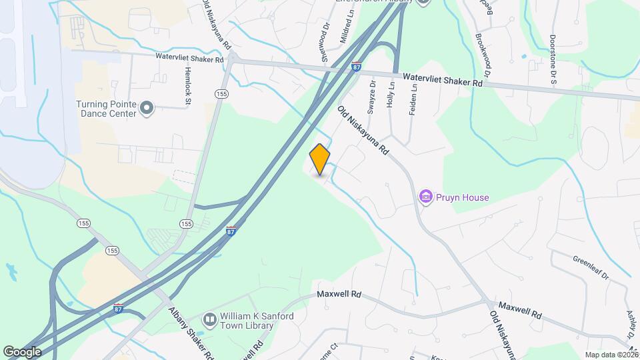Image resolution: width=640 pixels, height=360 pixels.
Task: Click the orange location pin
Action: [x=320, y=159]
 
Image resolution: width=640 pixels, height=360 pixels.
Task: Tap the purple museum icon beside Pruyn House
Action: [x=425, y=197]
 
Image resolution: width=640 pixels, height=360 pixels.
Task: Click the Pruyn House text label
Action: [x=463, y=197]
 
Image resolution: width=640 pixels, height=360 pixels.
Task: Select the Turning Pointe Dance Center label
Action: [x=107, y=109]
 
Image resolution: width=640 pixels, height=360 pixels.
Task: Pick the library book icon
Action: [x=209, y=321]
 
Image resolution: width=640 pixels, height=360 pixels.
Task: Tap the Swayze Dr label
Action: [x=372, y=97]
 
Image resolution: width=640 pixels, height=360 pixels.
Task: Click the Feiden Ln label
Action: [x=413, y=97]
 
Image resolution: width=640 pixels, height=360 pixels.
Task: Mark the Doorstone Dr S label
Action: [x=553, y=59]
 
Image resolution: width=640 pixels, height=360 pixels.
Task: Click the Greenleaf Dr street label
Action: [x=590, y=267]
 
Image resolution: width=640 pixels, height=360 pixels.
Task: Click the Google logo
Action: [x=21, y=351]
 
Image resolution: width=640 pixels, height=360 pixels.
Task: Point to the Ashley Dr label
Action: [x=630, y=317]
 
